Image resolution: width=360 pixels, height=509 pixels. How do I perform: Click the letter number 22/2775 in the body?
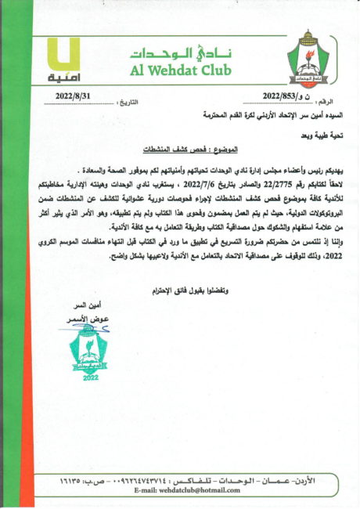click(266, 182)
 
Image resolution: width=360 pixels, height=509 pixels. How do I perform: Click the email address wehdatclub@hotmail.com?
click(188, 490)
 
